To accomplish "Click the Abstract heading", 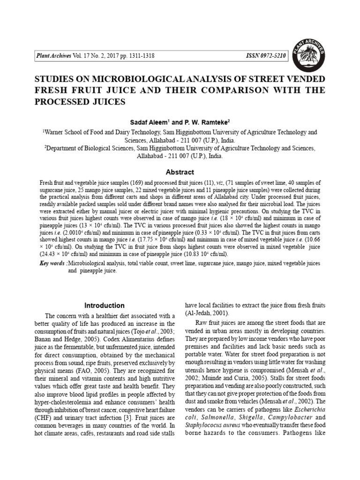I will [x=180, y=172].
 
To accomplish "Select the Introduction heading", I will [x=104, y=305].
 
